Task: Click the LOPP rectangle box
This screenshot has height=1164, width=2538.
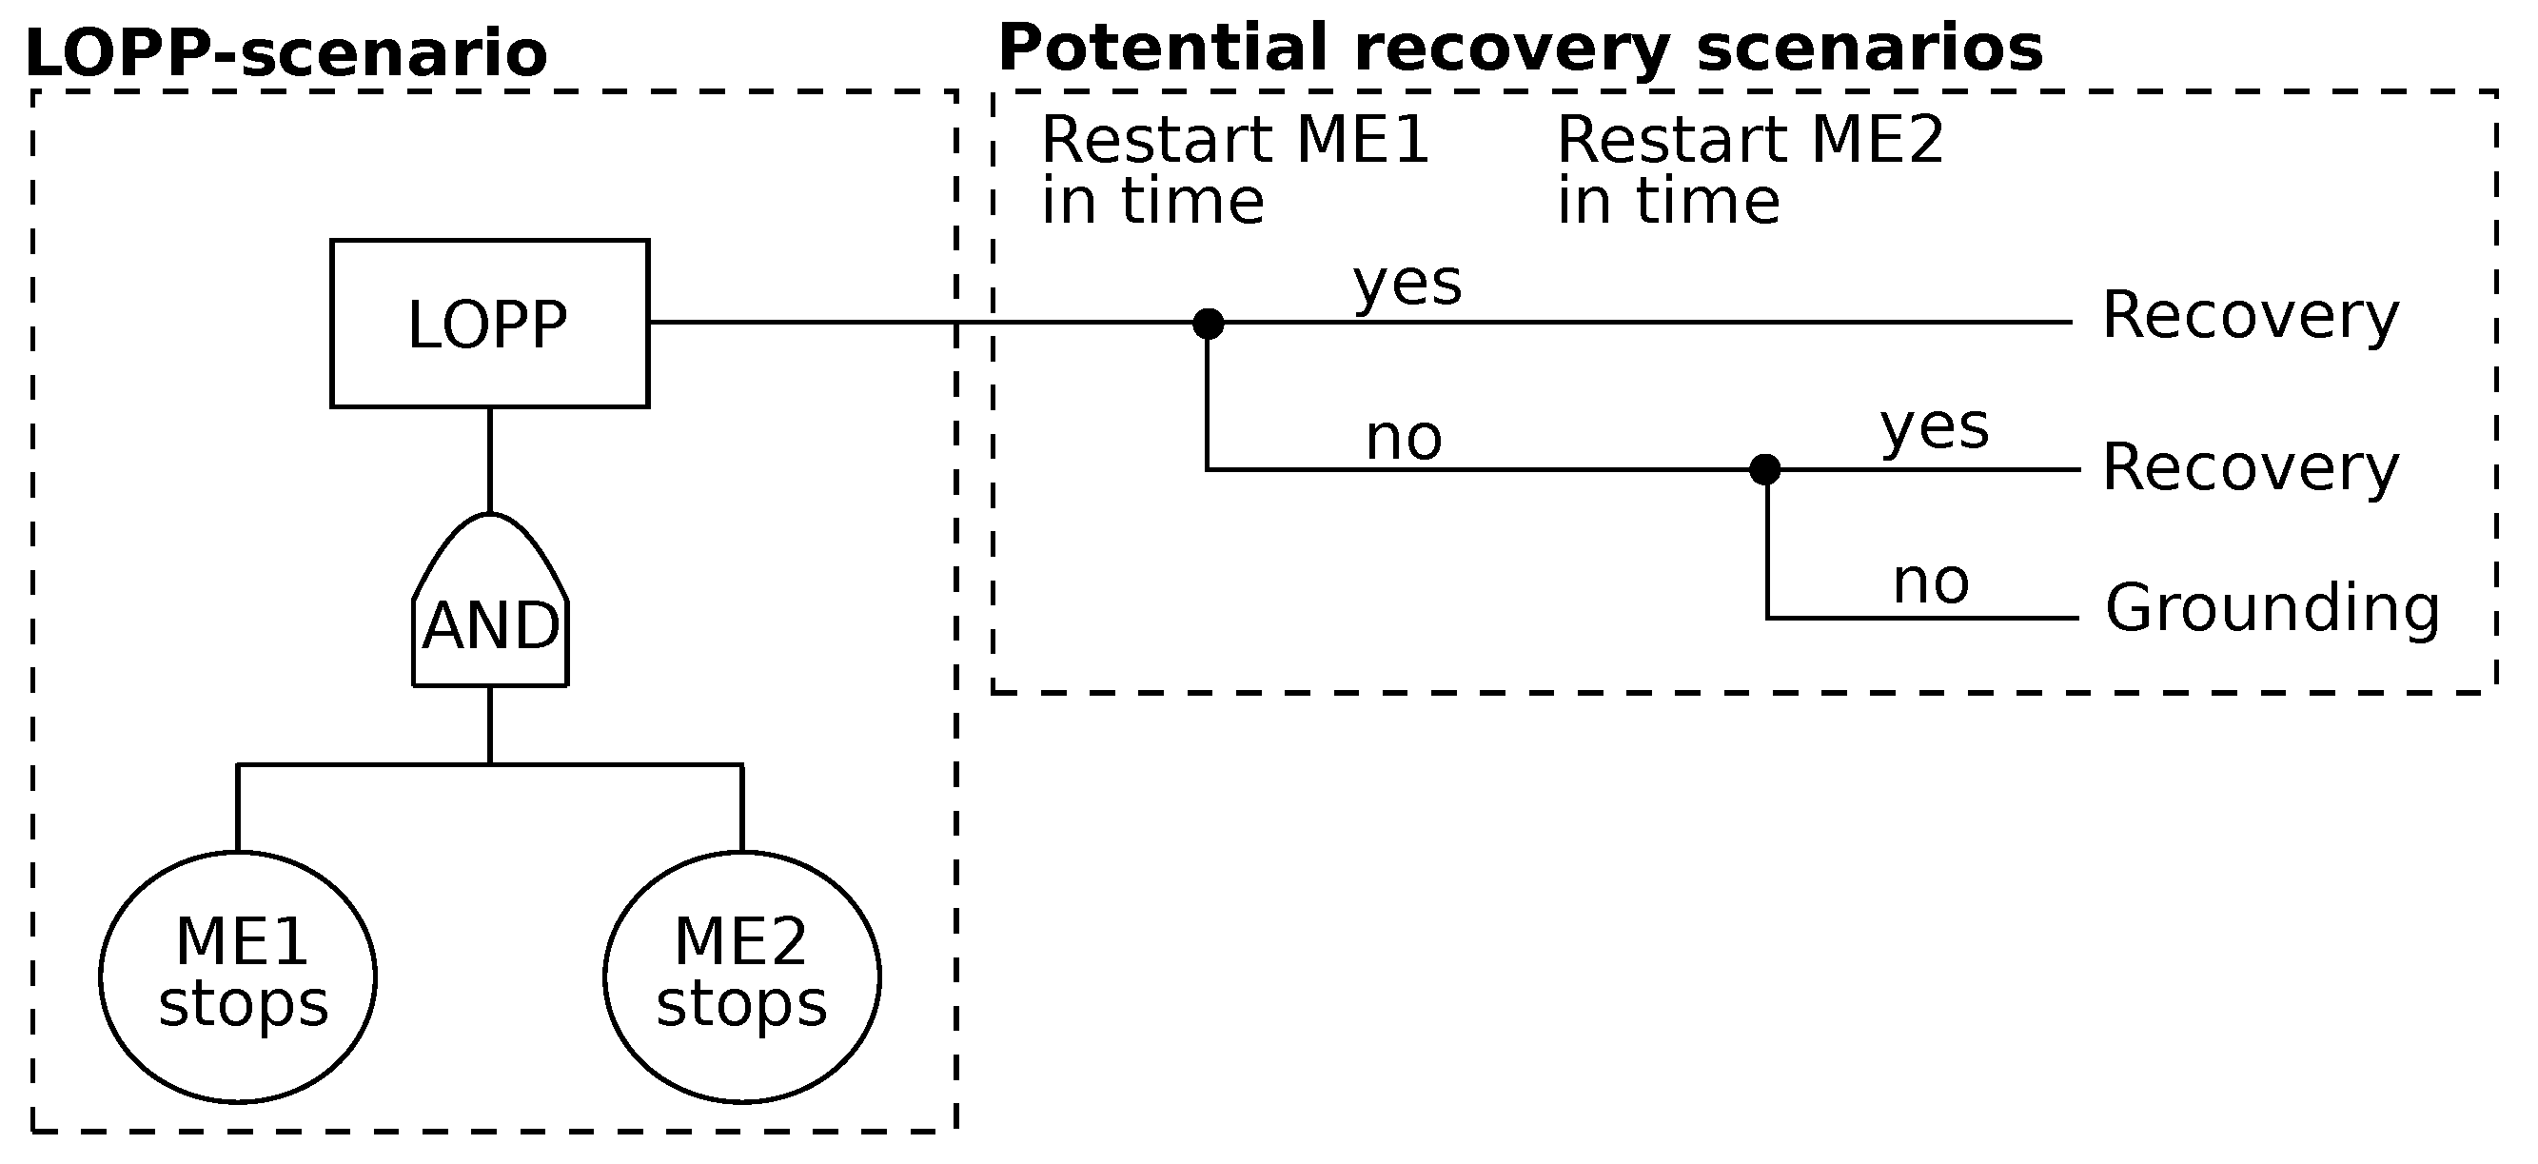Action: coord(489,324)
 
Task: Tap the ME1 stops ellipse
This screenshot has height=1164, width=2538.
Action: coord(238,976)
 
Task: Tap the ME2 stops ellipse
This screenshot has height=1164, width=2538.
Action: coord(741,976)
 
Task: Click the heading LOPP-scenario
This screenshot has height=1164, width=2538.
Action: coord(285,53)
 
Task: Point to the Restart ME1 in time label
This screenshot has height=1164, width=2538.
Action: coord(1233,169)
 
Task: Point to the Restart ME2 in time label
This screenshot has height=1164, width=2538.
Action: coord(1749,169)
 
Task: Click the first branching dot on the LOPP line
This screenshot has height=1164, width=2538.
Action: coord(1208,324)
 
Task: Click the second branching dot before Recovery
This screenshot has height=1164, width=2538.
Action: coord(1764,469)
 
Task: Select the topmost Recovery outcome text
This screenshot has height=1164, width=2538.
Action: coord(2251,316)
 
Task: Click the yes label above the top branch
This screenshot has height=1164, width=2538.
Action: coord(1407,285)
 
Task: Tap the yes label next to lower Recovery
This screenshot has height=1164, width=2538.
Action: coord(1934,428)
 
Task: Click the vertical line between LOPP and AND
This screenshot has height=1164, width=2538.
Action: coord(490,460)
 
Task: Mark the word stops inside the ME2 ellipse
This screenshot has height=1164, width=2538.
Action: coord(741,1005)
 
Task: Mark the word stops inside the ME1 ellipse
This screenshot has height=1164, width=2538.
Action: coord(243,1005)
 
